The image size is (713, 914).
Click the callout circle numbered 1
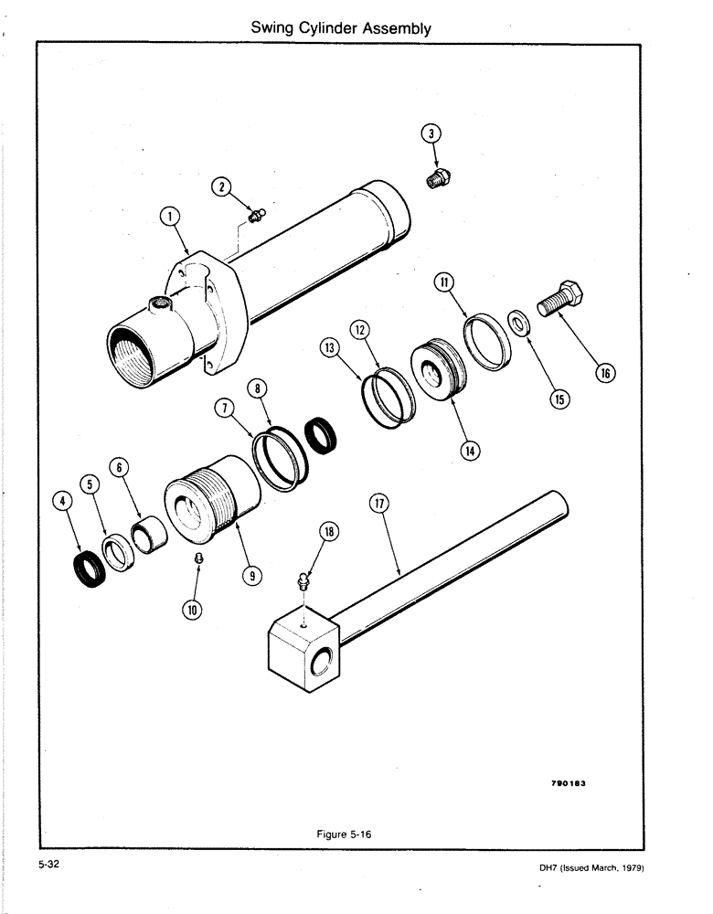click(170, 217)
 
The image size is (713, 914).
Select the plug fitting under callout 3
click(439, 180)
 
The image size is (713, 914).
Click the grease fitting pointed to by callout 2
click(256, 217)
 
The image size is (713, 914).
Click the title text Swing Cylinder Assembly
click(341, 28)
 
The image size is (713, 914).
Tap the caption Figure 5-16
click(347, 833)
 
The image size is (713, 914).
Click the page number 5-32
click(48, 864)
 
